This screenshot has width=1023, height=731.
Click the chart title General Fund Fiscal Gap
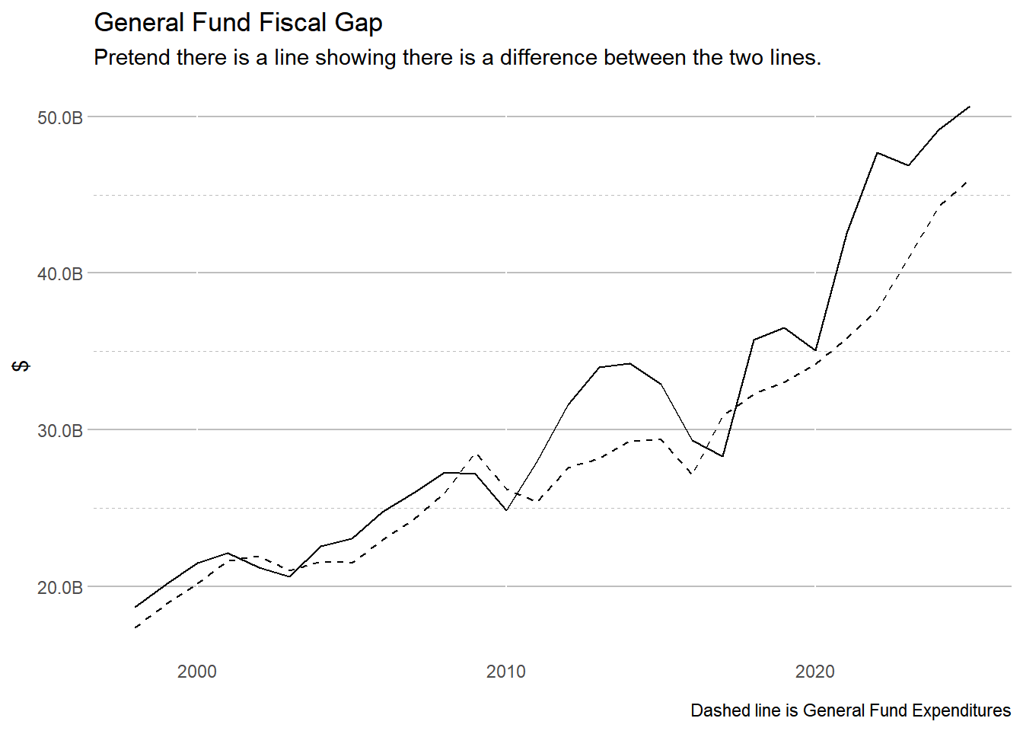[237, 23]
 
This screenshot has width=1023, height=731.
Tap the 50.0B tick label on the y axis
[59, 118]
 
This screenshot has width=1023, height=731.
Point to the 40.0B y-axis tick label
[59, 274]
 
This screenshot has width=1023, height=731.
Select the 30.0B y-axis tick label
[59, 431]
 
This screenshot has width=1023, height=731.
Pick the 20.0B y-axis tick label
[59, 588]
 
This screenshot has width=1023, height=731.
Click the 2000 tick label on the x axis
[196, 672]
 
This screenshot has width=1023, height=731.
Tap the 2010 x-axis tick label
[505, 672]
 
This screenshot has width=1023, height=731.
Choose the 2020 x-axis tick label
[814, 672]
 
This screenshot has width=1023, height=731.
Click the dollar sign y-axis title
[22, 366]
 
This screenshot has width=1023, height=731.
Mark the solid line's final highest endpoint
[969, 107]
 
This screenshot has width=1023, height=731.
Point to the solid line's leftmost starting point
[135, 607]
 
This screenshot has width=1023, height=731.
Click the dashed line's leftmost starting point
[135, 627]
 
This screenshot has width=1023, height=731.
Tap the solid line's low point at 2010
[506, 509]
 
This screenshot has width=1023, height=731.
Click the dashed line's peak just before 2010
[475, 455]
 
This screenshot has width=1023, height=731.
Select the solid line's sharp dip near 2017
[722, 456]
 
